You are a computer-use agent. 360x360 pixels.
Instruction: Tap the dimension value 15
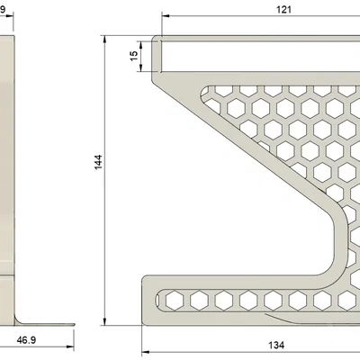coord(134,55)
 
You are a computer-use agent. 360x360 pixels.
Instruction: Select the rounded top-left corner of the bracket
coord(156,41)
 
